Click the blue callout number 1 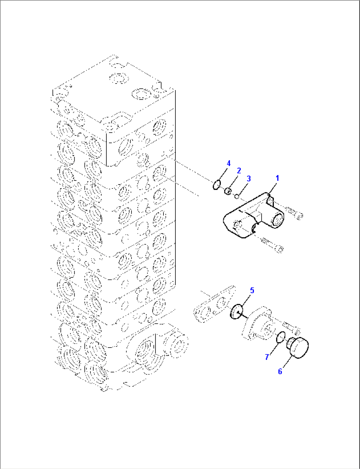click(277, 178)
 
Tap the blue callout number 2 click(239, 171)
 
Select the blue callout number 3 click(249, 179)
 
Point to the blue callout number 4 click(228, 163)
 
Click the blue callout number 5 click(252, 290)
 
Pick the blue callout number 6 click(280, 371)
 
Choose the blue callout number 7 click(267, 357)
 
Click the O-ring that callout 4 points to click(216, 185)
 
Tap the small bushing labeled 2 click(228, 191)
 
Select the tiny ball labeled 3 click(237, 196)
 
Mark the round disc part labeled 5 click(236, 312)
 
